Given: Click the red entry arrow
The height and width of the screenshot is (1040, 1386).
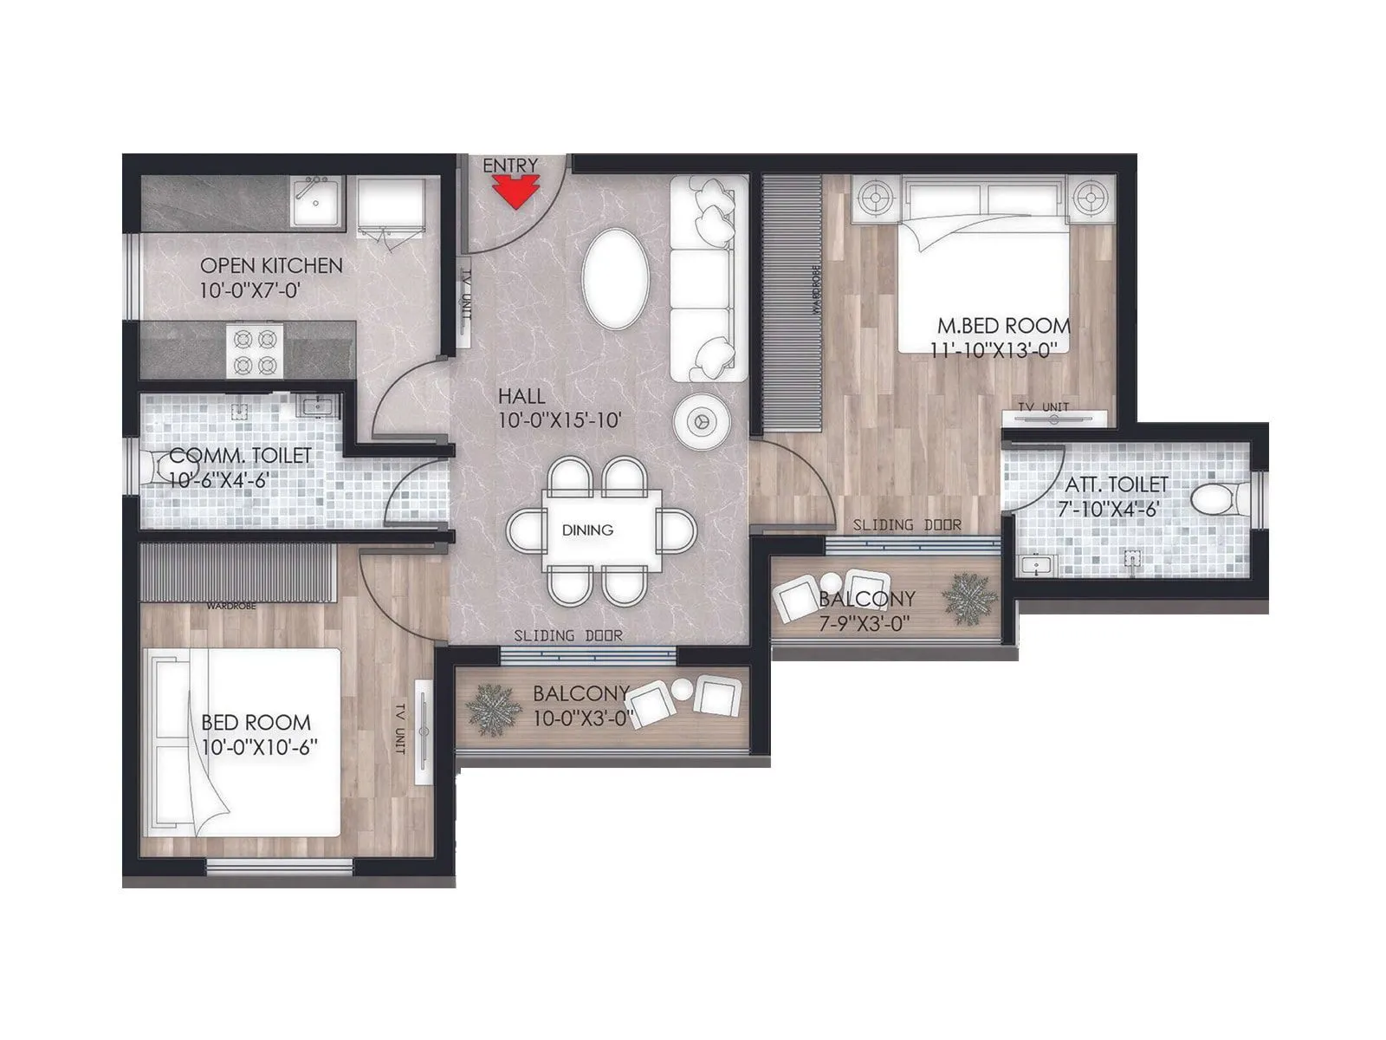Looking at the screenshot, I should pyautogui.click(x=512, y=192).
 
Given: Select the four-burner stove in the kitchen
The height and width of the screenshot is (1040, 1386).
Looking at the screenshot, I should pyautogui.click(x=256, y=350).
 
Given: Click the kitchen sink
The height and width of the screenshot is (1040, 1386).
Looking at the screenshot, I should pyautogui.click(x=317, y=203).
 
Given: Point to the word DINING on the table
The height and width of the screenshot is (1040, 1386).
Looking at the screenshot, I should pyautogui.click(x=587, y=530).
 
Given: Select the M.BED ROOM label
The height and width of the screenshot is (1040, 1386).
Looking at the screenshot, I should pyautogui.click(x=1004, y=327).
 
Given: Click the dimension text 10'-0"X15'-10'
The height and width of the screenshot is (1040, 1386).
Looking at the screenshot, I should pyautogui.click(x=561, y=421).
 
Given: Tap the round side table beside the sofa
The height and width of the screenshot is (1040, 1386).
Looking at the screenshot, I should pyautogui.click(x=702, y=420).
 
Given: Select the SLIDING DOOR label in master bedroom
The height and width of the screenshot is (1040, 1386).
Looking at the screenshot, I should pyautogui.click(x=906, y=524).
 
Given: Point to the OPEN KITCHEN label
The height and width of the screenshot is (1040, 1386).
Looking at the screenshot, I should pyautogui.click(x=271, y=265).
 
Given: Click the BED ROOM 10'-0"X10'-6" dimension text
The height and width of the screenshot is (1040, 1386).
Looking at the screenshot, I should pyautogui.click(x=256, y=747).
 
